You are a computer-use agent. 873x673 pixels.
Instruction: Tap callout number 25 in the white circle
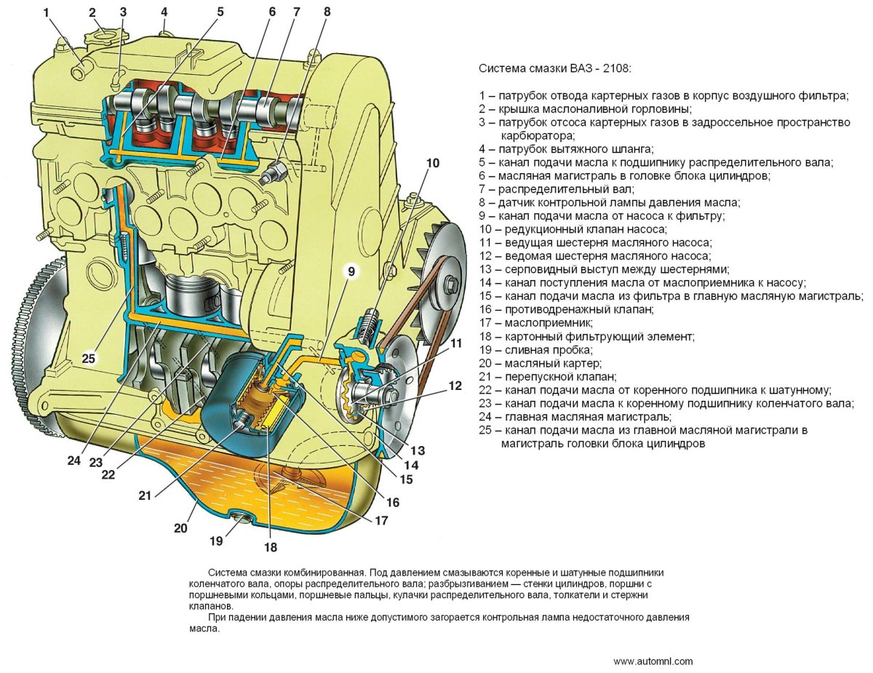coord(89,358)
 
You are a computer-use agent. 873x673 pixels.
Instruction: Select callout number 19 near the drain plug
coord(215,541)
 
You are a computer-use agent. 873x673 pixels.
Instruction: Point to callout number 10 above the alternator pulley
coord(433,163)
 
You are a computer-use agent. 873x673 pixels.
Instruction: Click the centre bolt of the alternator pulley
coord(452,282)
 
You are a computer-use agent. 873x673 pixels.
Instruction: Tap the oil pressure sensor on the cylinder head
coord(276,171)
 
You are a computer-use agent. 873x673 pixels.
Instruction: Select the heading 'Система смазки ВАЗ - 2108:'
coord(555,68)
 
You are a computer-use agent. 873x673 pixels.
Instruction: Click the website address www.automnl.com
coord(653,661)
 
